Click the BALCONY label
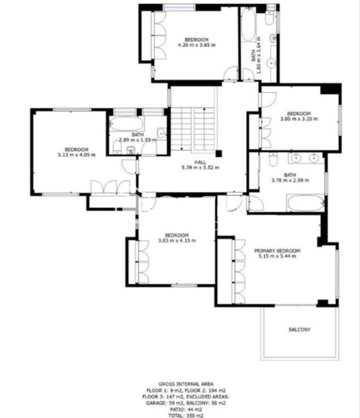click(x=300, y=329)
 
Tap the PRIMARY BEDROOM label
click(x=277, y=250)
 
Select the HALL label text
click(x=200, y=162)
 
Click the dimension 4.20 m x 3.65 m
click(x=197, y=45)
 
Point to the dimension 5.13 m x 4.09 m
click(x=77, y=155)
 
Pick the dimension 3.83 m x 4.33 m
click(x=177, y=241)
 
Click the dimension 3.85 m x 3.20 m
click(x=299, y=119)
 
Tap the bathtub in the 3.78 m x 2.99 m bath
click(x=306, y=203)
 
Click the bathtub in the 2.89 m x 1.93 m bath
click(x=126, y=124)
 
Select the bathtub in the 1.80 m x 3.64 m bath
click(x=248, y=25)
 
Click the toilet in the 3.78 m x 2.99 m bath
click(x=273, y=159)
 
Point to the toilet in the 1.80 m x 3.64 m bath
click(x=270, y=17)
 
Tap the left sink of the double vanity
click(x=296, y=158)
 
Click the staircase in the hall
click(x=193, y=130)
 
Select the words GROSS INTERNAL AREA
click(x=186, y=384)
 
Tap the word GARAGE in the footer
click(x=156, y=403)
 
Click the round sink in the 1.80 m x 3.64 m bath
click(x=272, y=64)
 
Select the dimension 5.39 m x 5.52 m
click(x=200, y=168)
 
